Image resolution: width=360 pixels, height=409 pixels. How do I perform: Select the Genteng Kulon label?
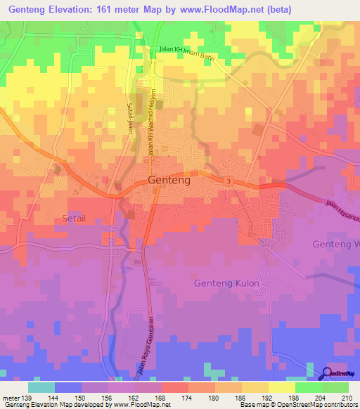coord(226,283)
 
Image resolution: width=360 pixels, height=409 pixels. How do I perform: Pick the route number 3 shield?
coord(229,181)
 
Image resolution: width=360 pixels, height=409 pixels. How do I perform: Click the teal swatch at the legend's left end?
coord(41,387)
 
